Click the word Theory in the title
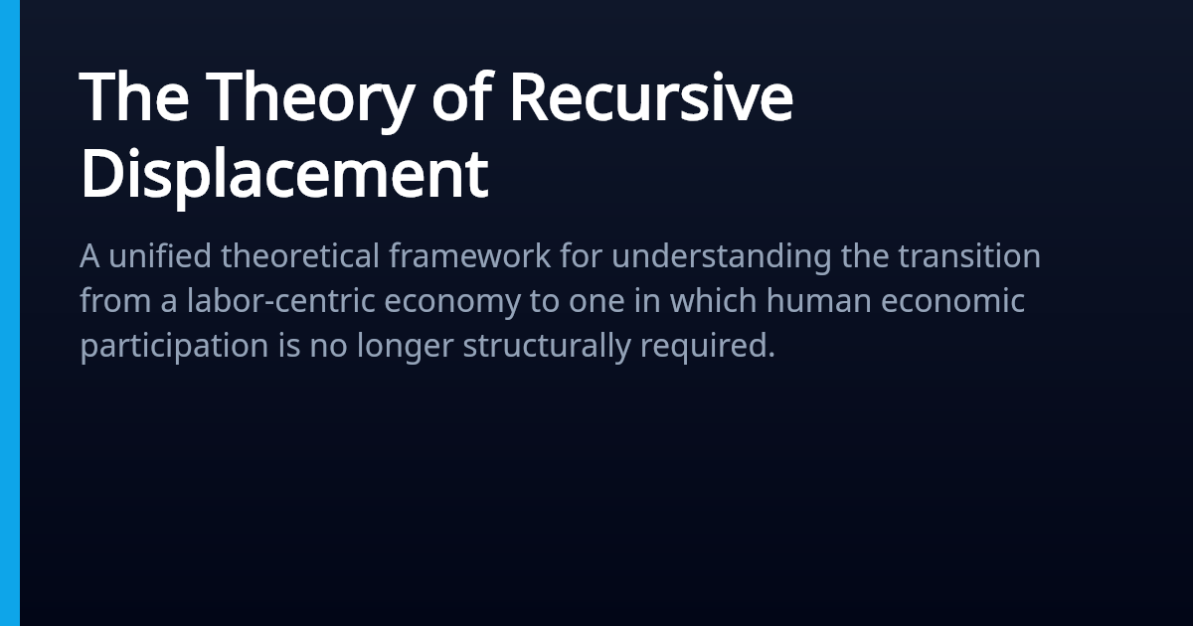310,101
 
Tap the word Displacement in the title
284,175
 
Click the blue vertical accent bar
10,313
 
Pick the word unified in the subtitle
160,255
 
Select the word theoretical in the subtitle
300,255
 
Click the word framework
469,255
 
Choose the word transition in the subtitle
969,255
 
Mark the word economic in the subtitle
952,300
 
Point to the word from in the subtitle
115,300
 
